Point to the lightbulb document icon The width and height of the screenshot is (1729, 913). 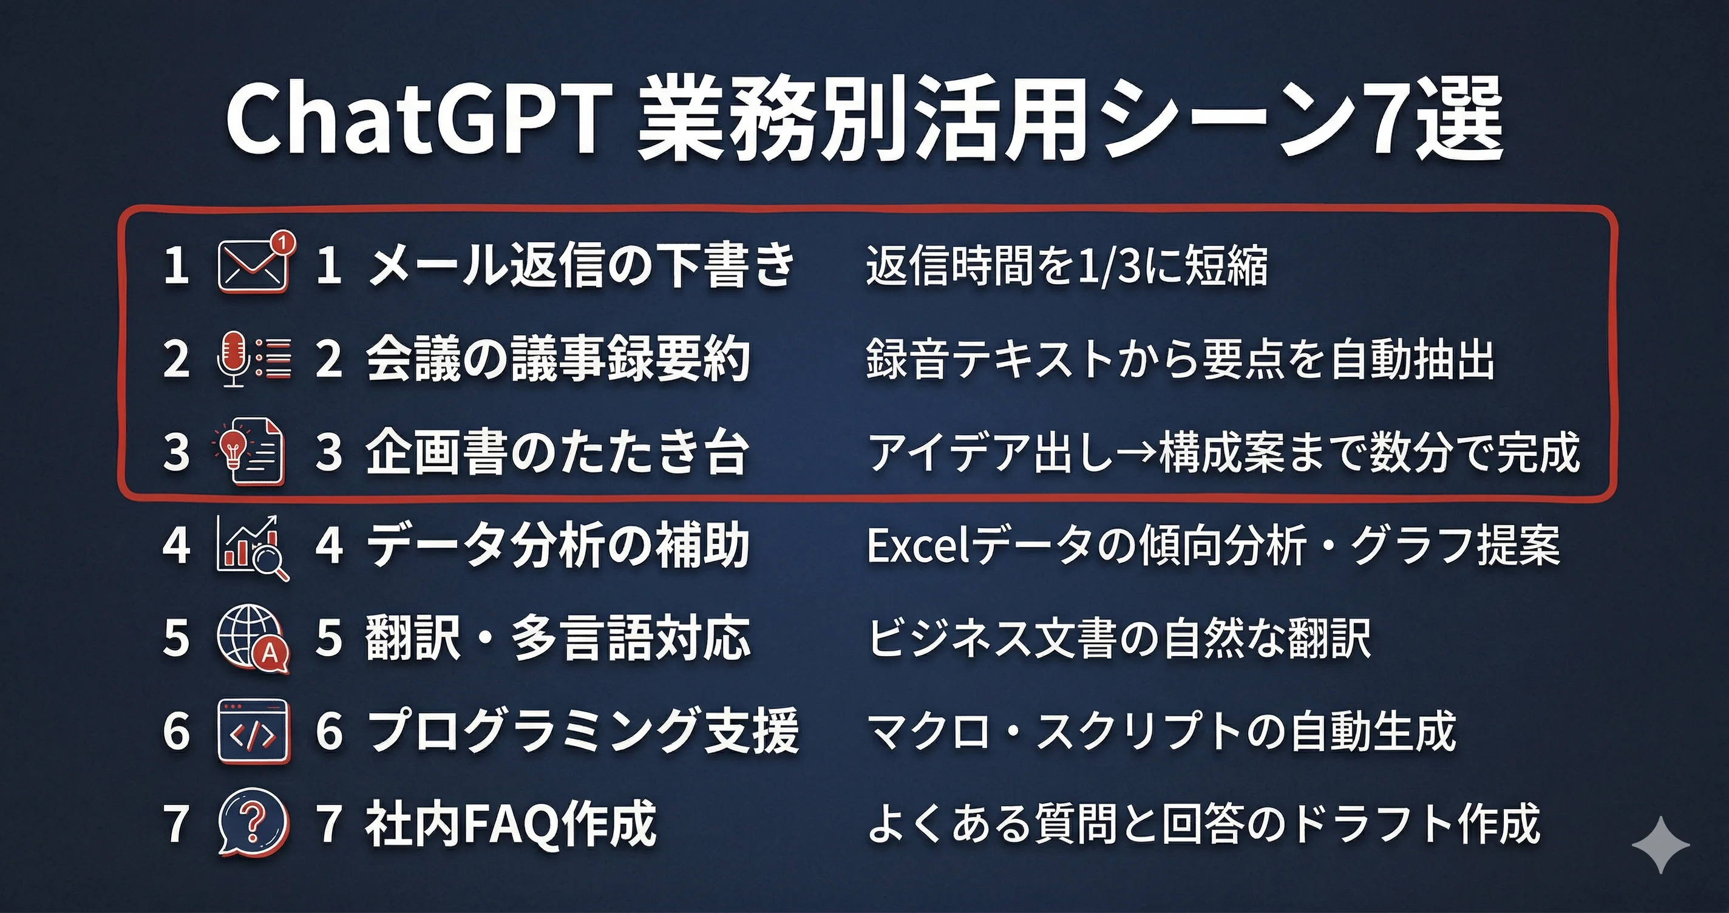click(249, 450)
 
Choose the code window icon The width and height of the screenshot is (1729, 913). click(254, 731)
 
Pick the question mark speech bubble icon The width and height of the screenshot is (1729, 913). click(254, 823)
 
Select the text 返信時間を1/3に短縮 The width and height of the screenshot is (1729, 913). click(1067, 265)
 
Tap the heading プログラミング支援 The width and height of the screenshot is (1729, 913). click(583, 731)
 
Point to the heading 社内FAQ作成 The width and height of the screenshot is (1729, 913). click(511, 824)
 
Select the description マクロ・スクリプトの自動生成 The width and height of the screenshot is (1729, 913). click(1162, 731)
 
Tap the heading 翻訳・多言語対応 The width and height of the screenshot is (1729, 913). click(558, 639)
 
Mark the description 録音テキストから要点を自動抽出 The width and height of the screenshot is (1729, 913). click(1180, 359)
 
